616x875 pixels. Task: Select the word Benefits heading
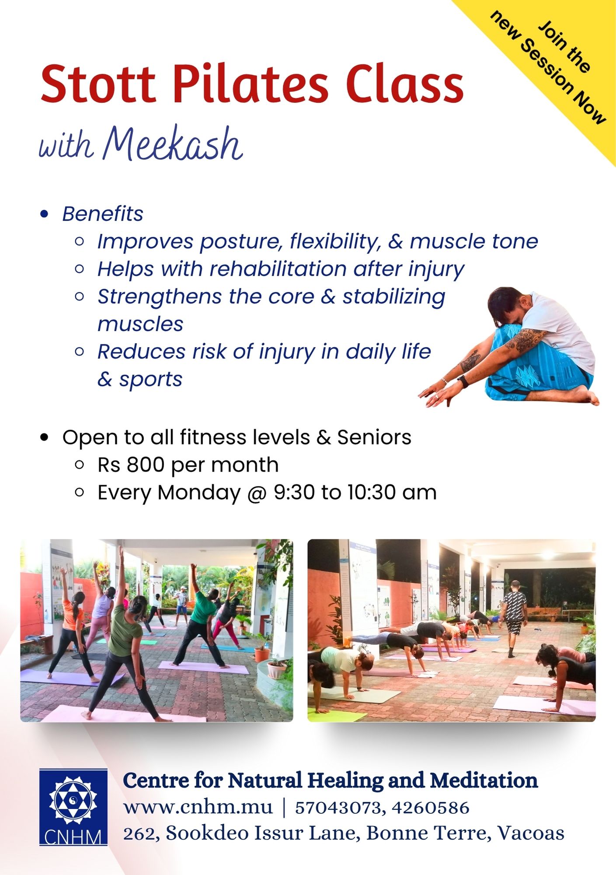tap(103, 214)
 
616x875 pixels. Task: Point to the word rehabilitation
tap(278, 269)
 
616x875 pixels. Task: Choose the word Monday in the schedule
tap(199, 493)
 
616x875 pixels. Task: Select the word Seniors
tap(374, 437)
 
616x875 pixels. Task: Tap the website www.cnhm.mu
tap(198, 808)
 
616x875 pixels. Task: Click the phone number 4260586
tap(431, 808)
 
